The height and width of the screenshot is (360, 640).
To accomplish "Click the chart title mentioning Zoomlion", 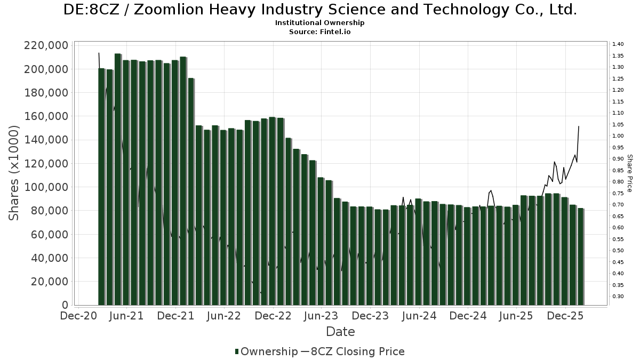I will coord(319,10).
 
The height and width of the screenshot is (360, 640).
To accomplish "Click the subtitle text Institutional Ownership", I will coord(319,23).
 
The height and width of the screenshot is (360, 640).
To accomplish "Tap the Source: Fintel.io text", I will coord(319,32).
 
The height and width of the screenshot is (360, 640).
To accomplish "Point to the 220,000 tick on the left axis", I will coord(46,45).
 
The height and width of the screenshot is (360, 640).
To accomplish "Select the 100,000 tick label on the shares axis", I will coord(46,187).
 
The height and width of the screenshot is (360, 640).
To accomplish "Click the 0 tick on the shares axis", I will coord(65,305).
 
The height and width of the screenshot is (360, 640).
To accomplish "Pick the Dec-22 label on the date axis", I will coord(273,316).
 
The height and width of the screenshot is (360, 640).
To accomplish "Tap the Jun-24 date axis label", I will coord(419,316).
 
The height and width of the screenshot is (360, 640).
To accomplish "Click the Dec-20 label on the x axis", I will coord(78,316).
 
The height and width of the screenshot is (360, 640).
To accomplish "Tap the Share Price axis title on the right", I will coord(629,173).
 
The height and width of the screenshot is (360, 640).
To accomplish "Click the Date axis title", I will coord(340,332).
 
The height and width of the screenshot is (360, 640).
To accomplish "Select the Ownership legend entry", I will coord(266,351).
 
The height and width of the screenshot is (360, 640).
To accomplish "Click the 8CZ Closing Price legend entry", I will coord(353,351).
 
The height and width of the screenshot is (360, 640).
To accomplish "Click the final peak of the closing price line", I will coord(579,126).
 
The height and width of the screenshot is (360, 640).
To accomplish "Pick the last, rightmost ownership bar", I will coord(580,257).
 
